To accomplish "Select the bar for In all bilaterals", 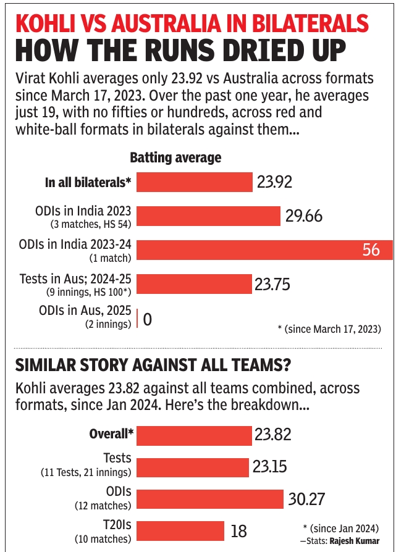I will click(195, 182).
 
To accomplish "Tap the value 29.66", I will click(304, 216).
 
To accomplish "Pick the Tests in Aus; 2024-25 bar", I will click(195, 284).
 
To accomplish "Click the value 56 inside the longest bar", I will click(371, 250).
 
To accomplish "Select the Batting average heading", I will click(175, 158).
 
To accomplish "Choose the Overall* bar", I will click(194, 434).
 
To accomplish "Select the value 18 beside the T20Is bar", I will click(239, 531).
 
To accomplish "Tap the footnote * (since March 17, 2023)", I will click(329, 328).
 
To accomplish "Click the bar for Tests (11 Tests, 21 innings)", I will click(193, 466).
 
